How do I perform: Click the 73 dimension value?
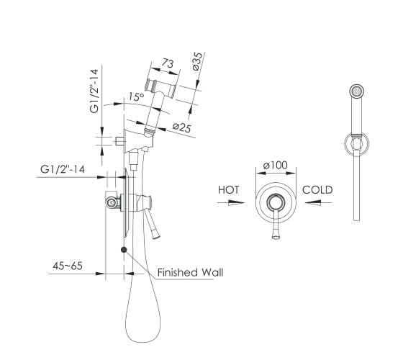(x=168, y=63)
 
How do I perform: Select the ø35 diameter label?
(x=197, y=61)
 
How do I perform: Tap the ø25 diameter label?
(x=182, y=127)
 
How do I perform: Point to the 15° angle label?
(x=136, y=96)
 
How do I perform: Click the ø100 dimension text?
(x=275, y=165)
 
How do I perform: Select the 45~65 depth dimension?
(x=68, y=266)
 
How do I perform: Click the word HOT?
(x=229, y=190)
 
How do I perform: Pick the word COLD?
(x=317, y=190)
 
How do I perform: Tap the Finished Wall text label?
(x=190, y=272)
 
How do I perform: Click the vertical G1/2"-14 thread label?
(x=94, y=91)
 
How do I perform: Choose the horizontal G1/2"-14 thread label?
(x=63, y=169)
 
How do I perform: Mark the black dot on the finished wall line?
(x=124, y=249)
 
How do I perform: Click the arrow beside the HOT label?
(x=231, y=202)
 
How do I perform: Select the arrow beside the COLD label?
(x=318, y=202)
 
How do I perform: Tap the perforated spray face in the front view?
(x=357, y=91)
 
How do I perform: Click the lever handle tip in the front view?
(x=276, y=235)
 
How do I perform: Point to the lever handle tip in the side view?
(x=156, y=235)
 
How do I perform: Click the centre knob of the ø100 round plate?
(x=276, y=202)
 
